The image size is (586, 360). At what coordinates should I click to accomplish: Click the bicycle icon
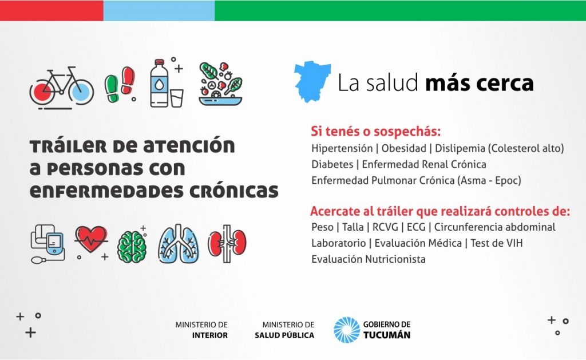pos(62,88)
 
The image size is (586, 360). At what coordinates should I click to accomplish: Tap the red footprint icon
pos(128,80)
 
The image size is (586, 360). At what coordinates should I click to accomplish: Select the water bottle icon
pos(159,83)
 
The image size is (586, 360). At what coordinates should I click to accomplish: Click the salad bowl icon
pos(220,84)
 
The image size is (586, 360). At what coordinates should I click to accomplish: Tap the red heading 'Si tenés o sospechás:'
pos(375,131)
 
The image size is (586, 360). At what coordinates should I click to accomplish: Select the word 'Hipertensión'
pos(342,148)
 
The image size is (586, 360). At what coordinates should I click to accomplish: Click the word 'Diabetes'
pos(332,164)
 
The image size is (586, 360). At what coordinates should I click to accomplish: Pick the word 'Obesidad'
pos(403,148)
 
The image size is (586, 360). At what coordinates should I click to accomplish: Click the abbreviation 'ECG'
pos(416,227)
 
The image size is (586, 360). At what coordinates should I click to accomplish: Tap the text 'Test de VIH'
pos(496,243)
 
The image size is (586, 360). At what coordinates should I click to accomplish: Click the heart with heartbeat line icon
pos(91,240)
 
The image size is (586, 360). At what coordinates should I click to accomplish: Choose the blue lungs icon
pos(179,243)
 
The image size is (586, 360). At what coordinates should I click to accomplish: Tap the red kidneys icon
pos(227,243)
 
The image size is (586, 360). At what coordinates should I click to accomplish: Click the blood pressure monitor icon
pos(48,244)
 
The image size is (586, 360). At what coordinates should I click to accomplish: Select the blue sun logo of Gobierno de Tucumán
pos(346,330)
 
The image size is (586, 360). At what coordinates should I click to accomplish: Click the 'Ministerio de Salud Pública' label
pos(284,330)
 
